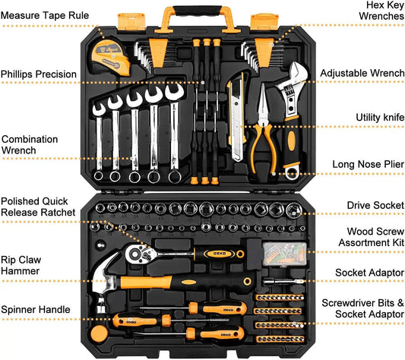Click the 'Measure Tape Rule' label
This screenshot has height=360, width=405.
(45, 16)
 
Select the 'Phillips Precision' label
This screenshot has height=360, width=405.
(39, 74)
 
